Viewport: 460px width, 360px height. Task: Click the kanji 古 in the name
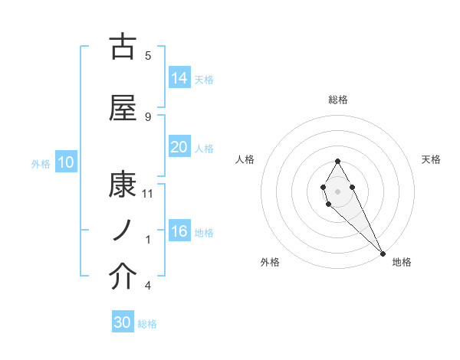(123, 47)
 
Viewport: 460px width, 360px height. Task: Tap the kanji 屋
(123, 109)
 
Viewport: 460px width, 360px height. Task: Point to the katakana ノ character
(123, 231)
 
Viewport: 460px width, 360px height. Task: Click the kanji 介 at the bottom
(123, 277)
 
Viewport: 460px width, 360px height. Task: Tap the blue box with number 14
(179, 78)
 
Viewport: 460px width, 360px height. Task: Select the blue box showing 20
(179, 147)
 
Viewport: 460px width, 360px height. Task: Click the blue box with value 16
(179, 231)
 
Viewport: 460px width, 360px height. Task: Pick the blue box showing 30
(123, 322)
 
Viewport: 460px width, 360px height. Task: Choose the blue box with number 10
(65, 162)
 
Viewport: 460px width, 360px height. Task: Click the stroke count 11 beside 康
(148, 194)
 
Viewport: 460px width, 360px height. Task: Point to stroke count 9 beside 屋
(148, 116)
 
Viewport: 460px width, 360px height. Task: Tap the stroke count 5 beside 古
(148, 55)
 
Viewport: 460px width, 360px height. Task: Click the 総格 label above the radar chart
(338, 100)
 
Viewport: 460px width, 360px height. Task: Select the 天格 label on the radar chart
(432, 159)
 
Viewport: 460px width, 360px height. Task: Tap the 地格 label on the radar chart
(402, 262)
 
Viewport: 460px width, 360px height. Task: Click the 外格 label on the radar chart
(270, 262)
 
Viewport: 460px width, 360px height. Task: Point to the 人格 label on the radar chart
(245, 159)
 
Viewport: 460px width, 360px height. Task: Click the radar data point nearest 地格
(383, 253)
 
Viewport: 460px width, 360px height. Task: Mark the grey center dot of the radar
(338, 191)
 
